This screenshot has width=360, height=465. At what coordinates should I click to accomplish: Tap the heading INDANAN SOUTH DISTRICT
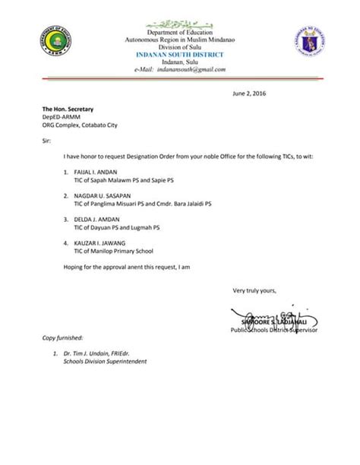[180, 55]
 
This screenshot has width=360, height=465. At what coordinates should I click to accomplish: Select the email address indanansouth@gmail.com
[191, 69]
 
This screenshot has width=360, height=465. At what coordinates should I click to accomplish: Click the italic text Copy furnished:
[63, 337]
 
